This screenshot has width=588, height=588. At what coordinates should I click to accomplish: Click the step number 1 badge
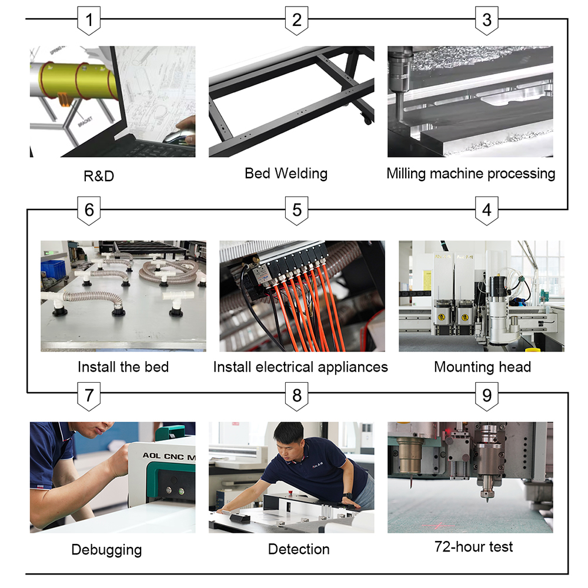click(x=89, y=21)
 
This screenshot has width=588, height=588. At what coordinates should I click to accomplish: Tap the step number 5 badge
click(x=296, y=211)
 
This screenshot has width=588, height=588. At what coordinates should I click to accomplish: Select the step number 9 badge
click(x=487, y=396)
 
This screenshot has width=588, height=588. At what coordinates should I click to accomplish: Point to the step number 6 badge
click(x=89, y=211)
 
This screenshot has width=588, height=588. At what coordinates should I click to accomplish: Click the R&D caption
click(x=99, y=176)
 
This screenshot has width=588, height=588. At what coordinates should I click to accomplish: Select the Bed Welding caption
click(x=286, y=173)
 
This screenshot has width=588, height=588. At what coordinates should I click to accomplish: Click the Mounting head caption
click(x=482, y=367)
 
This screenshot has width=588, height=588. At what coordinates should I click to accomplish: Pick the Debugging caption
click(x=106, y=550)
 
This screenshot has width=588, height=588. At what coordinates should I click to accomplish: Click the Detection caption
click(x=299, y=549)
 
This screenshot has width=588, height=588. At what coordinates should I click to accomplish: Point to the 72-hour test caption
click(x=473, y=547)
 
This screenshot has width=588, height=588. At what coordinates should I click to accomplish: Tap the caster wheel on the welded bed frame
click(x=367, y=119)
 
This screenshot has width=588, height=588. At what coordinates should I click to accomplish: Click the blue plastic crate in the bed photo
click(x=53, y=269)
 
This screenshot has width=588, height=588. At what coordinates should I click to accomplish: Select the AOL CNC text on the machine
click(x=163, y=456)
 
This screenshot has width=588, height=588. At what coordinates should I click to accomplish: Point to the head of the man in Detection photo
click(x=289, y=439)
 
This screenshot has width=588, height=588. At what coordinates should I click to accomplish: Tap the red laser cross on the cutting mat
click(x=439, y=525)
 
